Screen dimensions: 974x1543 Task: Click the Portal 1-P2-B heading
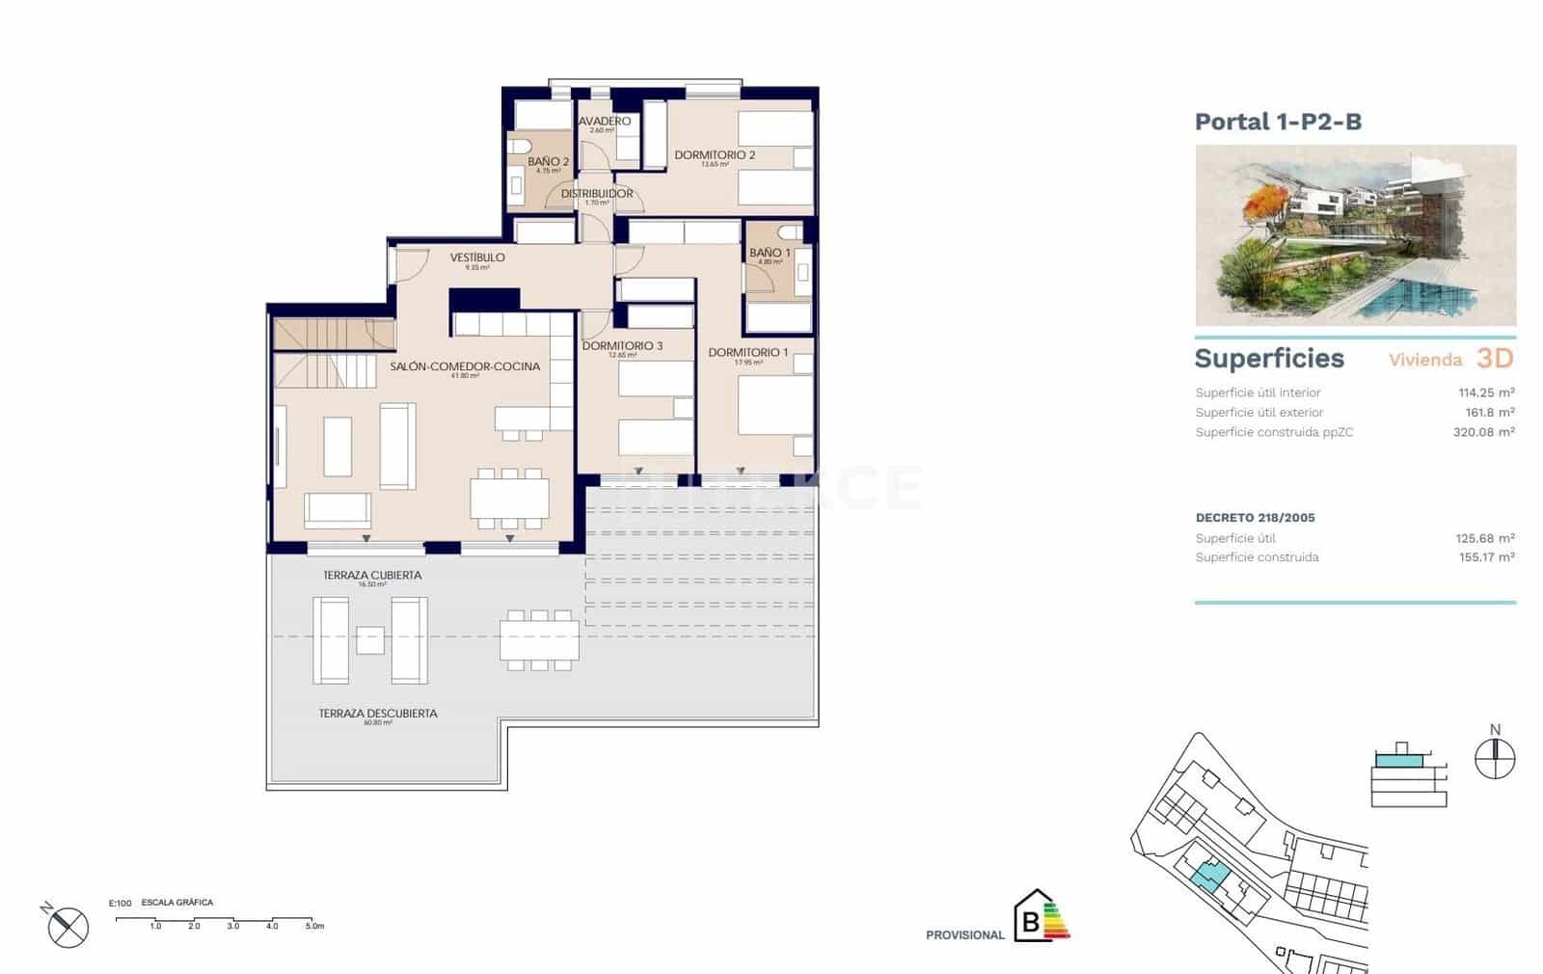1278,122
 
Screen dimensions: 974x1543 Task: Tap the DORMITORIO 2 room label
714,154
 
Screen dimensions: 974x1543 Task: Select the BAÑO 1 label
770,253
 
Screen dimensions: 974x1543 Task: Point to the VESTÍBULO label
477,257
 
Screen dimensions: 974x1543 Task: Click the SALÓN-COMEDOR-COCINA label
465,366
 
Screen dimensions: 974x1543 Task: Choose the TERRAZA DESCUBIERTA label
378,714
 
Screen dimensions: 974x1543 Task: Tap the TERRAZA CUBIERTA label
372,575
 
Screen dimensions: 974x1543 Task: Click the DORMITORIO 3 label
622,345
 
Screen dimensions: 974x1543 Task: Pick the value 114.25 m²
1485,392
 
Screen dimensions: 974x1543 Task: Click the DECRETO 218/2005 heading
1255,518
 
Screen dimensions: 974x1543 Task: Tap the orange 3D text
1495,359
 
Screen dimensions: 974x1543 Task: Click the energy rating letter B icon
1032,921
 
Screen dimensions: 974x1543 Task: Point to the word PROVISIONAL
964,934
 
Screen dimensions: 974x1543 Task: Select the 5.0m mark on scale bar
314,926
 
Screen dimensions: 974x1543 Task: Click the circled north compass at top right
1495,759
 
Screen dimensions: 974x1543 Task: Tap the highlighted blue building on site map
1209,875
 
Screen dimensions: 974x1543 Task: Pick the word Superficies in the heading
1269,359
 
